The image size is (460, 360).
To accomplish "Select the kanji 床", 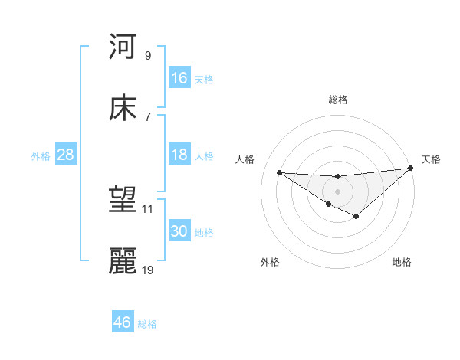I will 123,108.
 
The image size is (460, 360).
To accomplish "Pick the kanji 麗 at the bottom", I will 123,261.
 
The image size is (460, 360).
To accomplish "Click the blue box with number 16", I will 179,78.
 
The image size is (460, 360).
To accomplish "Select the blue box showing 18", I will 179,155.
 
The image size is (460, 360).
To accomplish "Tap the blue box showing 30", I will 179,231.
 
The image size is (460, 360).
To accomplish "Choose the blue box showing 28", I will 66,155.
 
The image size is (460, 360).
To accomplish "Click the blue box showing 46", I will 123,322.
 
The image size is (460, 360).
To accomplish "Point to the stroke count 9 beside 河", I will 148,55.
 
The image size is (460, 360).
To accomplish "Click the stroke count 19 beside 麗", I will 148,270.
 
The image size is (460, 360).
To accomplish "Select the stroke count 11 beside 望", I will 148,208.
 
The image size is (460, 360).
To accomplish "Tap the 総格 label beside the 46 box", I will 147,324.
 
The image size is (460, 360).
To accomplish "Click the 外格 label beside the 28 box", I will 41,155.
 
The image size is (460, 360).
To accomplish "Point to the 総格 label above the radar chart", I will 338,100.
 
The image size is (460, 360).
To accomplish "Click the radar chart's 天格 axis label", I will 432,159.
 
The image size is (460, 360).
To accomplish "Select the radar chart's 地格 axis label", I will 402,262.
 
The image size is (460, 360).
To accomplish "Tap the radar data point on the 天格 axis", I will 411,169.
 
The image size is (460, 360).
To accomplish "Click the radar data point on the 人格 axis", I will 279,172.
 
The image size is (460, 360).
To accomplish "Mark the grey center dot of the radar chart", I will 338,191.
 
